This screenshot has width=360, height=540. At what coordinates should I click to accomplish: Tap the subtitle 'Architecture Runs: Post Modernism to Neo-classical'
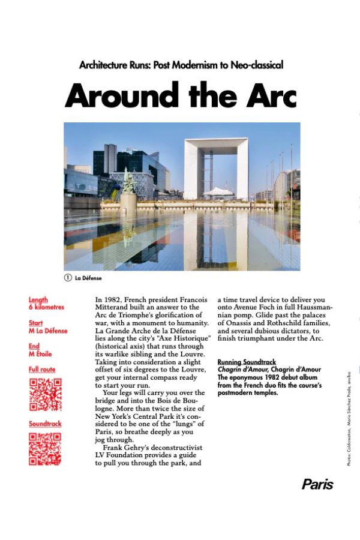pyautogui.click(x=181, y=65)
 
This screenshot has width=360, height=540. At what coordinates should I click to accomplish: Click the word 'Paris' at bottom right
pyautogui.click(x=317, y=484)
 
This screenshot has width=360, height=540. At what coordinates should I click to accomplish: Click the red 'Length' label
pyautogui.click(x=38, y=299)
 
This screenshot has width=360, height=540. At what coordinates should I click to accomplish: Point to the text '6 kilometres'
pyautogui.click(x=46, y=307)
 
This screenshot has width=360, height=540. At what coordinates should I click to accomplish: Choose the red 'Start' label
pyautogui.click(x=35, y=323)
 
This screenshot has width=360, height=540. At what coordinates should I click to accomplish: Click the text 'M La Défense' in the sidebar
pyautogui.click(x=48, y=331)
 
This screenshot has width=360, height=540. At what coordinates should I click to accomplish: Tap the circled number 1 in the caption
pyautogui.click(x=68, y=278)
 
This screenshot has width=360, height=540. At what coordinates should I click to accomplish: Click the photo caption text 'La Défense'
pyautogui.click(x=88, y=278)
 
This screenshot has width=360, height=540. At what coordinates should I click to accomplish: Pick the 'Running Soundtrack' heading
pyautogui.click(x=247, y=362)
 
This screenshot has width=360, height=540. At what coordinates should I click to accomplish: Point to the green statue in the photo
pyautogui.click(x=128, y=181)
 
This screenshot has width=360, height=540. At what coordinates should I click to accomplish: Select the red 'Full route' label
pyautogui.click(x=42, y=370)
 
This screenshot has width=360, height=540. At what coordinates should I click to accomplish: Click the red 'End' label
pyautogui.click(x=34, y=346)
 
